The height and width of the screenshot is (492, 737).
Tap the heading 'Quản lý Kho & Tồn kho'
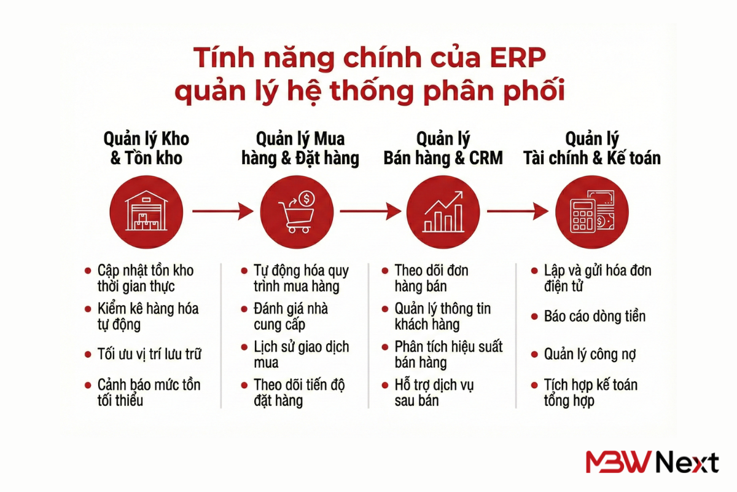pos(147,148)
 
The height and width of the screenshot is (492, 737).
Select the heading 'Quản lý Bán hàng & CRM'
pos(443,148)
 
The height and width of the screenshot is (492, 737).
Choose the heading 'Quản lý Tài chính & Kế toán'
pos(592,148)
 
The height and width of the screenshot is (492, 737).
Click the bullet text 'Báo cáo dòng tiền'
pos(595,317)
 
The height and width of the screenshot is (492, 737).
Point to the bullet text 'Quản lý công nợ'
pos(590,354)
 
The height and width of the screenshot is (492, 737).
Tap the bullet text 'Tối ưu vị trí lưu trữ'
pos(149,354)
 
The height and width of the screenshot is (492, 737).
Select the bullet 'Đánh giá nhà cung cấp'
pos(291,316)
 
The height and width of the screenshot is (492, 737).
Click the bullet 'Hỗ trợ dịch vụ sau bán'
pos(434,393)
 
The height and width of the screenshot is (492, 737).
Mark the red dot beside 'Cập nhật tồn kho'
pos(88,271)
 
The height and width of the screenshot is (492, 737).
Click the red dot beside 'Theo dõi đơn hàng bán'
pos(384,271)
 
